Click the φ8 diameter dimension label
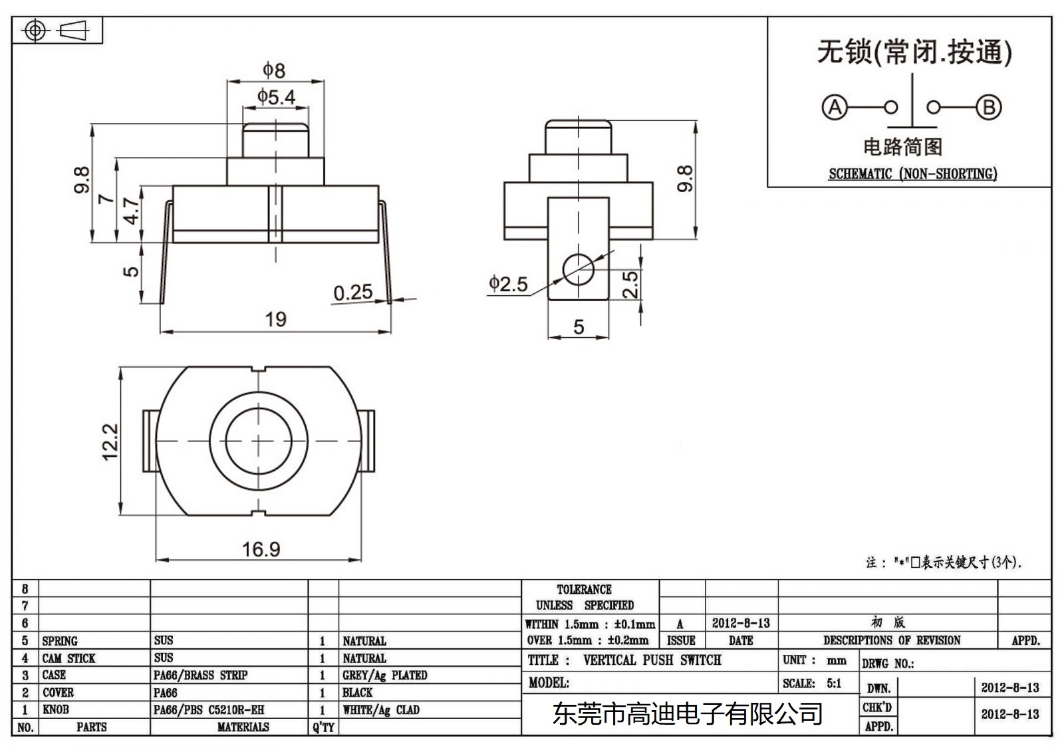click(x=273, y=70)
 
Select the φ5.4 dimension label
click(x=276, y=97)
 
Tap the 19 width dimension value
click(x=275, y=319)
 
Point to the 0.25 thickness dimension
click(x=352, y=293)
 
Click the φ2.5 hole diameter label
click(x=508, y=284)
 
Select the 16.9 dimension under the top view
click(x=261, y=549)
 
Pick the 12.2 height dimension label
click(x=110, y=441)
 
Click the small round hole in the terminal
click(x=578, y=269)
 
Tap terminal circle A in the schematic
click(x=834, y=107)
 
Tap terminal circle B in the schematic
click(x=988, y=107)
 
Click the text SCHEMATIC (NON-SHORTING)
click(x=912, y=174)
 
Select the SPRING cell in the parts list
click(x=60, y=641)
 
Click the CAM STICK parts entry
click(x=68, y=658)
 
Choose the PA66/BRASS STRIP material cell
click(x=200, y=675)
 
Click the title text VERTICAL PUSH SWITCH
click(x=652, y=660)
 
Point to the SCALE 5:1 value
click(x=833, y=683)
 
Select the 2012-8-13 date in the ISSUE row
click(x=741, y=623)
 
